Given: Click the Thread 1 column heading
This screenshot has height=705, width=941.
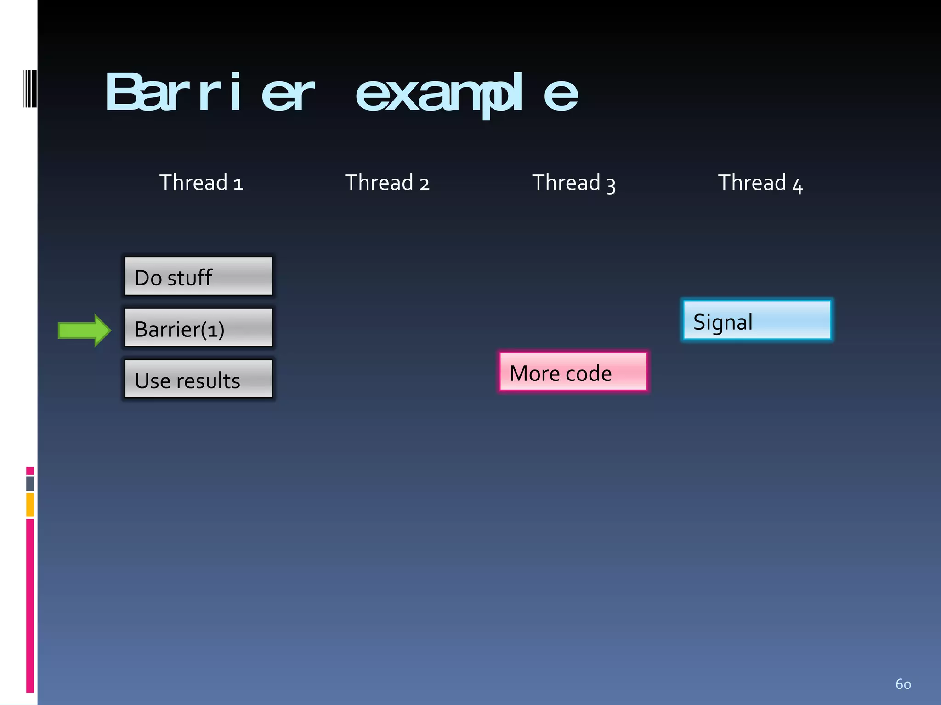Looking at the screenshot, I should [201, 183].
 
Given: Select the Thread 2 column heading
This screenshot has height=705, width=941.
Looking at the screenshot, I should [387, 183].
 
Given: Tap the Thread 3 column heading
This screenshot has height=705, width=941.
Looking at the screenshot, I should [573, 183].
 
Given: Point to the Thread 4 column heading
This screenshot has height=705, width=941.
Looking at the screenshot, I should [760, 183].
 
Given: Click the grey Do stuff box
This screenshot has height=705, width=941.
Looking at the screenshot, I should [198, 276].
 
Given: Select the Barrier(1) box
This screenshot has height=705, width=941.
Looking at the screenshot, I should [198, 328].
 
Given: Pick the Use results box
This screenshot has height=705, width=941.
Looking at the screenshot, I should [198, 379].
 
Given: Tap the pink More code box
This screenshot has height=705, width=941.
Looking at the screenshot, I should [573, 372].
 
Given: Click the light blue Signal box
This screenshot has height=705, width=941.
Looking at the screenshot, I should [756, 320].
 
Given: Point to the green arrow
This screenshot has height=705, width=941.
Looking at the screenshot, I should [84, 330].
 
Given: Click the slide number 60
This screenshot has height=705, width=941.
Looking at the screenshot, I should [903, 684].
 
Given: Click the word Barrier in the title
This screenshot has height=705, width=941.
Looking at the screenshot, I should [210, 93].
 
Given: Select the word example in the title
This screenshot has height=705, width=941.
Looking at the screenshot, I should [466, 93].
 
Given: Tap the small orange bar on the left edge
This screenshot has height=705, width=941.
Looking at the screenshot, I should [30, 505].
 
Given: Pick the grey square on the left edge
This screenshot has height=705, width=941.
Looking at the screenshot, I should [30, 484].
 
